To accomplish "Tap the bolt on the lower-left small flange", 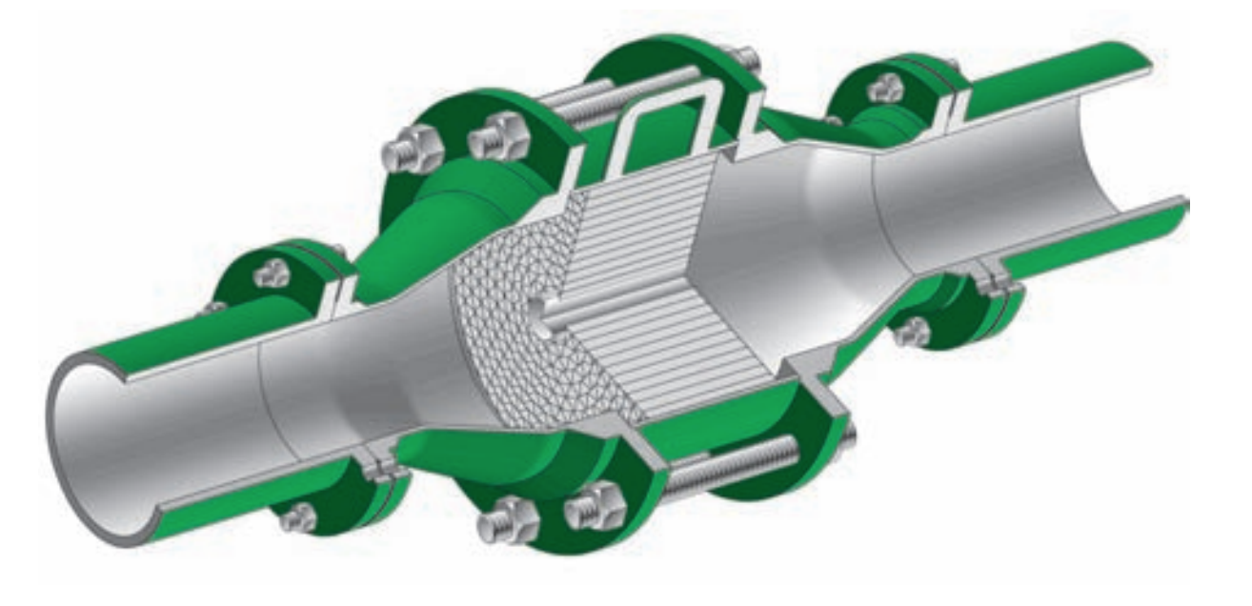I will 299,517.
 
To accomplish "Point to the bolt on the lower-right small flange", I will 913,331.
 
